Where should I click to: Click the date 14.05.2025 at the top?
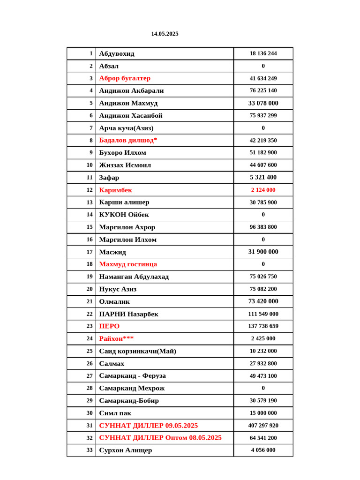coord(165,34)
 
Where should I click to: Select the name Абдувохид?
coord(117,53)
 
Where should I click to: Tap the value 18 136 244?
coord(263,53)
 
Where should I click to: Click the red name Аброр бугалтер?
coord(125,78)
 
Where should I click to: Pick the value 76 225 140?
coord(263,90)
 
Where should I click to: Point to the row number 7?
coord(90,127)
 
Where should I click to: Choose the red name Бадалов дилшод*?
coord(128,140)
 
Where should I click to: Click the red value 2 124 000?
coord(263,190)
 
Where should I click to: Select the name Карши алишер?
coord(124,202)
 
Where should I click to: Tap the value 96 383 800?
coord(263,227)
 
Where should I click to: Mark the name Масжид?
coord(112,252)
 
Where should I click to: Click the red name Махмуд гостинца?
coord(128,264)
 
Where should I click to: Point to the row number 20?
coord(89,289)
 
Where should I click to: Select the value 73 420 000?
coord(263,301)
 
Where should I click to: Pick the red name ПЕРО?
coord(109,326)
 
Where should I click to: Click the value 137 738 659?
coord(263,326)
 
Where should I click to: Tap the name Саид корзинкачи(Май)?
coord(137,351)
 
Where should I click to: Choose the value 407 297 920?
coord(263,425)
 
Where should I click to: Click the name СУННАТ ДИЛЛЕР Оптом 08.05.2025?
coord(160,437)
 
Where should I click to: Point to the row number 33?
coord(89,450)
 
